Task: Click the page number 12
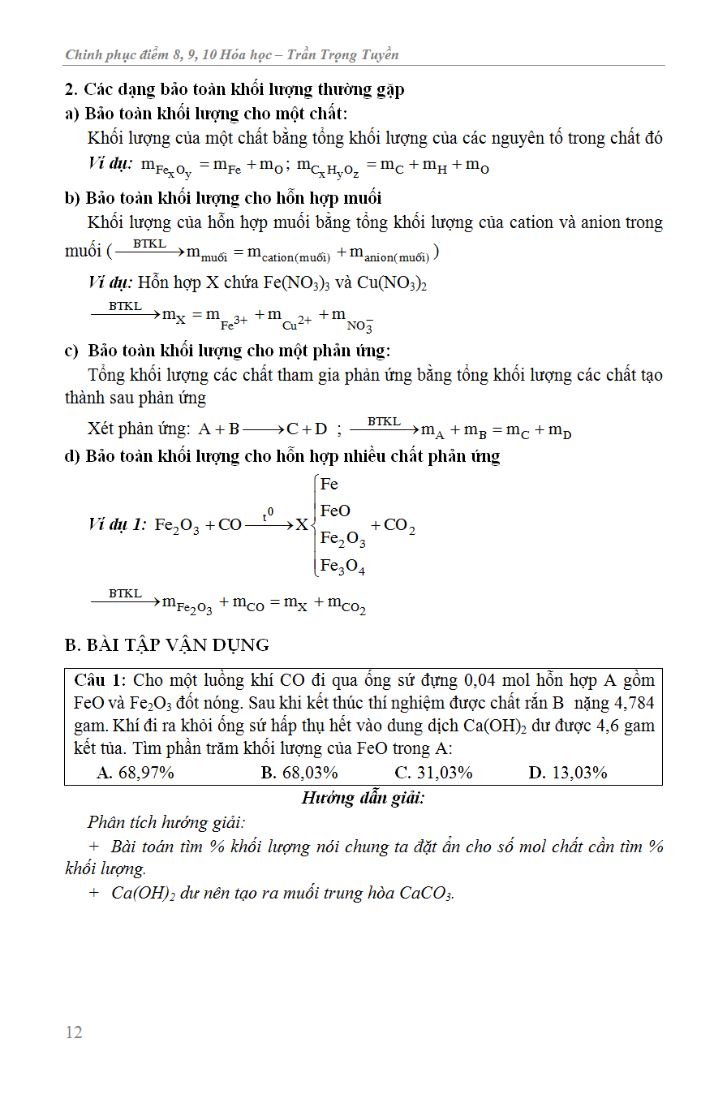[x=74, y=1032]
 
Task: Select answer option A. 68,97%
[x=136, y=772]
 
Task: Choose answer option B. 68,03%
[x=299, y=772]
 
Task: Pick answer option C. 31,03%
[x=433, y=772]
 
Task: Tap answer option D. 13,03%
[x=568, y=772]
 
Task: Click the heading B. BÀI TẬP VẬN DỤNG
[x=166, y=645]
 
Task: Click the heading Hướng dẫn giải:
[x=363, y=797]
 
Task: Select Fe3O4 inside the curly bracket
[x=342, y=566]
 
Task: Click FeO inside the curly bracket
[x=336, y=511]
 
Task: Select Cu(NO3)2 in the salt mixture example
[x=392, y=283]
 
